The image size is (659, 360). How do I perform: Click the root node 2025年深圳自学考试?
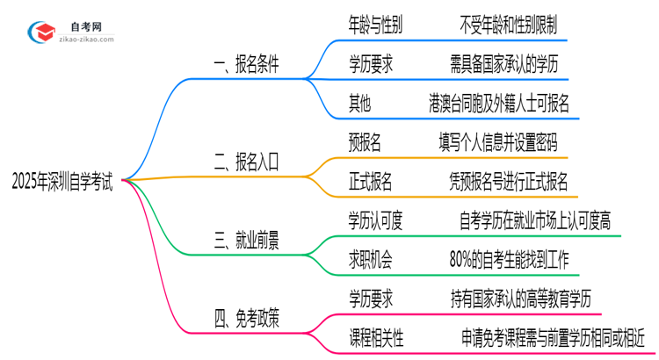point(62,182)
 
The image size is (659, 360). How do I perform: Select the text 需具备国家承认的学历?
point(503,64)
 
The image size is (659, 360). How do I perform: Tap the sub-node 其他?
point(359,104)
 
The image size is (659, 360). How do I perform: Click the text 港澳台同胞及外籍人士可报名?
point(503,104)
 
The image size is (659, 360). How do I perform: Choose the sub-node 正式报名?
point(372,182)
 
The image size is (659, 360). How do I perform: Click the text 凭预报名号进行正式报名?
point(507,182)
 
